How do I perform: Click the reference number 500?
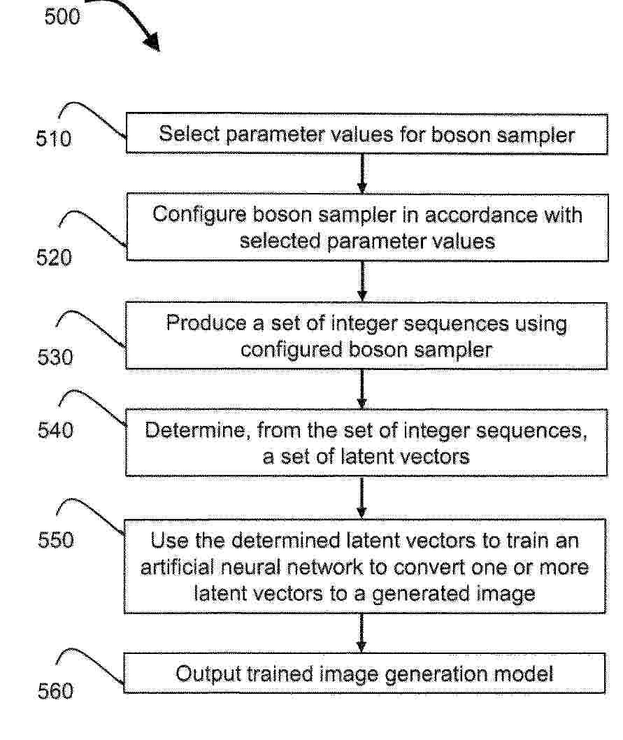pyautogui.click(x=62, y=17)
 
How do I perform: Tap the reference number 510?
pyautogui.click(x=54, y=138)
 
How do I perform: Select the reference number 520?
pyautogui.click(x=54, y=257)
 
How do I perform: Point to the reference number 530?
pyautogui.click(x=55, y=357)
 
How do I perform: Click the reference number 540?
pyautogui.click(x=55, y=430)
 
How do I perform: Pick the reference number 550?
pyautogui.click(x=56, y=540)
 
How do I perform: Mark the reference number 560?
pyautogui.click(x=55, y=691)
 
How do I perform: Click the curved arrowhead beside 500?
pyautogui.click(x=152, y=42)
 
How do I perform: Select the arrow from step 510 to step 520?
pyautogui.click(x=362, y=173)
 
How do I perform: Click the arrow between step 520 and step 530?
pyautogui.click(x=362, y=281)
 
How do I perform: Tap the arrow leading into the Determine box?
pyautogui.click(x=362, y=390)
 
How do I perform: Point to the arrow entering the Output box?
pyautogui.click(x=361, y=634)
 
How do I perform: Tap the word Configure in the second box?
pyautogui.click(x=199, y=215)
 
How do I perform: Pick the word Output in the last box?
pyautogui.click(x=207, y=674)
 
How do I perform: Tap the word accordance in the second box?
pyautogui.click(x=481, y=215)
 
